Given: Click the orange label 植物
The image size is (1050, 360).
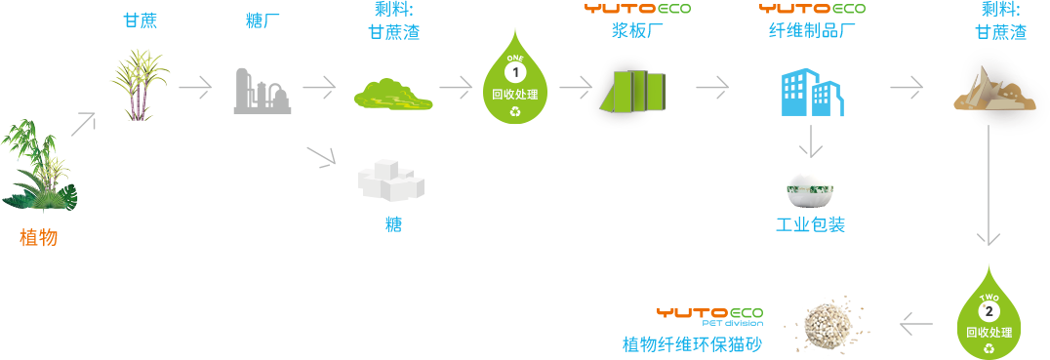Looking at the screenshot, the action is [39, 237].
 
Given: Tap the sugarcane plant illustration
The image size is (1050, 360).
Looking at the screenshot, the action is [140, 85].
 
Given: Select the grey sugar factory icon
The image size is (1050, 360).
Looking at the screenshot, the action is [262, 91].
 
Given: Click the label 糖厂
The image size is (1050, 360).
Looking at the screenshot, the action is [262, 21].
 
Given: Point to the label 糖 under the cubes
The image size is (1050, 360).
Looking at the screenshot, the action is [394, 223].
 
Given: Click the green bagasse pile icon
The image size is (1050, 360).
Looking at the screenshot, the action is [393, 95].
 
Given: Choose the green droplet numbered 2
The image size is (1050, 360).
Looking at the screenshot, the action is [989, 312].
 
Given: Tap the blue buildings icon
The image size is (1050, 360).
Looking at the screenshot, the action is [811, 93].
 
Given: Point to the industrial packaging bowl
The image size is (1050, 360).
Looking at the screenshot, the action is [810, 192].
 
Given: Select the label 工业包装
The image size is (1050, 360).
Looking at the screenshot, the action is [810, 224].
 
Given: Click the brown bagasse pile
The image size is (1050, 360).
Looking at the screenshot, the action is [994, 90].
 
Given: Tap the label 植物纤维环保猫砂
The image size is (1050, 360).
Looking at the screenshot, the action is [692, 344].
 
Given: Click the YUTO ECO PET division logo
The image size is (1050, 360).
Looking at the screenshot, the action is [709, 316].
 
